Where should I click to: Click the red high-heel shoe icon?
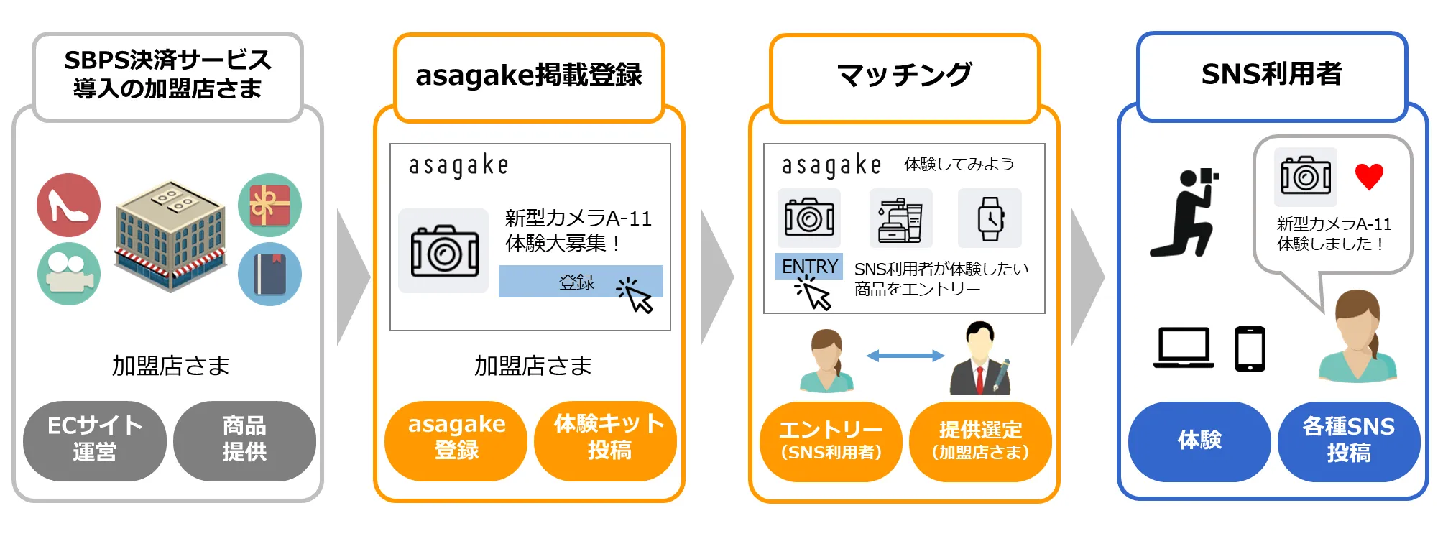tap(68, 205)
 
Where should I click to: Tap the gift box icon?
tap(269, 205)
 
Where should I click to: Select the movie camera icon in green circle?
tap(68, 274)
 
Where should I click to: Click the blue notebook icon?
tap(269, 274)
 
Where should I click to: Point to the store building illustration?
tap(170, 236)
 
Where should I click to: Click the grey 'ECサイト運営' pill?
tap(94, 440)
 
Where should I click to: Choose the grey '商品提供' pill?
tap(244, 440)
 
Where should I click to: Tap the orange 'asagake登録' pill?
tap(456, 440)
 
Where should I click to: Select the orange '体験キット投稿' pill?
tap(608, 440)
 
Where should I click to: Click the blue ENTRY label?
tap(809, 267)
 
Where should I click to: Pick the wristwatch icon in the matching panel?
tap(990, 218)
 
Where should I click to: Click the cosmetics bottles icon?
tap(900, 218)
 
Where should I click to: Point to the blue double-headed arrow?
tap(905, 356)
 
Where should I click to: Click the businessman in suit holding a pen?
tap(980, 359)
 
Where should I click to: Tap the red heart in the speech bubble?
tap(1368, 177)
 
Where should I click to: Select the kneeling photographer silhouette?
tap(1184, 213)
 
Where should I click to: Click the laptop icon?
tap(1184, 348)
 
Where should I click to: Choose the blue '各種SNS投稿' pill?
tap(1348, 440)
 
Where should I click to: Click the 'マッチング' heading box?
tap(905, 75)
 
